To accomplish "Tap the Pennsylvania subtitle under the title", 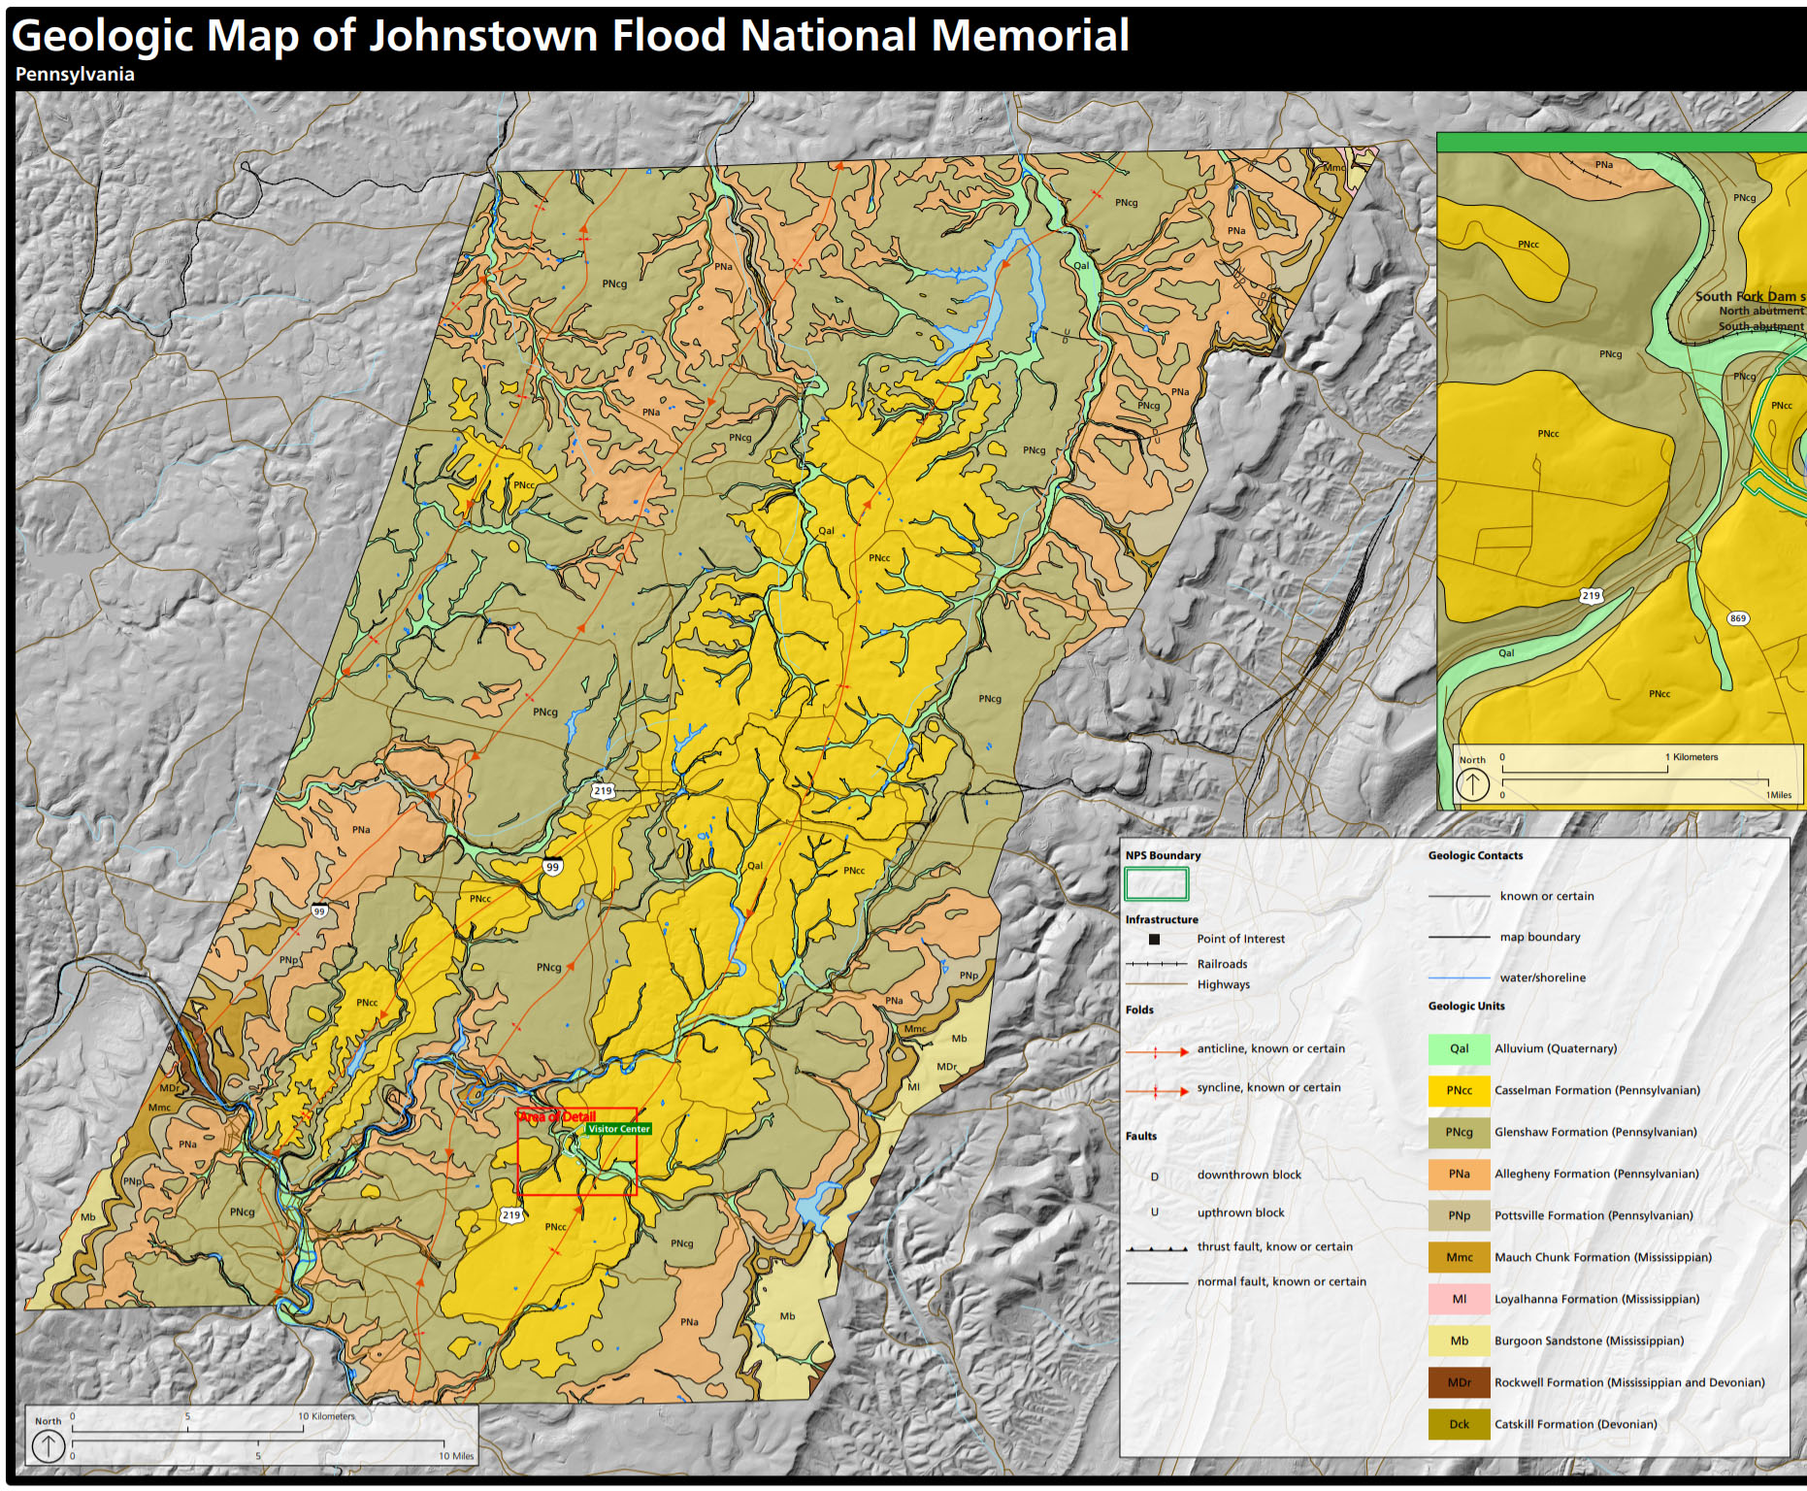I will pyautogui.click(x=75, y=75).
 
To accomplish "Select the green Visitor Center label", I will pyautogui.click(x=618, y=1129).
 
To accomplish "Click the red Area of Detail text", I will pyautogui.click(x=557, y=1116).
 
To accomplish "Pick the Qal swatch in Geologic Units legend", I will pyautogui.click(x=1459, y=1048).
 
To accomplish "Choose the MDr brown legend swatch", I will pyautogui.click(x=1459, y=1382).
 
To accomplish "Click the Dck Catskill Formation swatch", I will pyautogui.click(x=1459, y=1424).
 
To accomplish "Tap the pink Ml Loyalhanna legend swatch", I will pyautogui.click(x=1459, y=1299).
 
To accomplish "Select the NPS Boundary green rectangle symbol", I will pyautogui.click(x=1156, y=884).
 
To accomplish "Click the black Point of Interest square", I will pyautogui.click(x=1154, y=939).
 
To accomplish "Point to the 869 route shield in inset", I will pyautogui.click(x=1737, y=618).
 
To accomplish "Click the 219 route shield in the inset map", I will pyautogui.click(x=1591, y=595).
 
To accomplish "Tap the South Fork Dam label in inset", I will pyautogui.click(x=1747, y=296).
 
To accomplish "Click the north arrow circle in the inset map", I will pyautogui.click(x=1472, y=783).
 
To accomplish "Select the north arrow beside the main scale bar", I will pyautogui.click(x=49, y=1445).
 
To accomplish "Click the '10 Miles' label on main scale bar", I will pyautogui.click(x=455, y=1456).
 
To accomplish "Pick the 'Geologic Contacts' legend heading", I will pyautogui.click(x=1475, y=855).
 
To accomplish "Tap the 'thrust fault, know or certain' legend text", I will pyautogui.click(x=1274, y=1246).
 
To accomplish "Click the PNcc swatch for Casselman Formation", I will pyautogui.click(x=1459, y=1090).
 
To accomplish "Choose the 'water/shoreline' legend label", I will pyautogui.click(x=1542, y=977).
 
